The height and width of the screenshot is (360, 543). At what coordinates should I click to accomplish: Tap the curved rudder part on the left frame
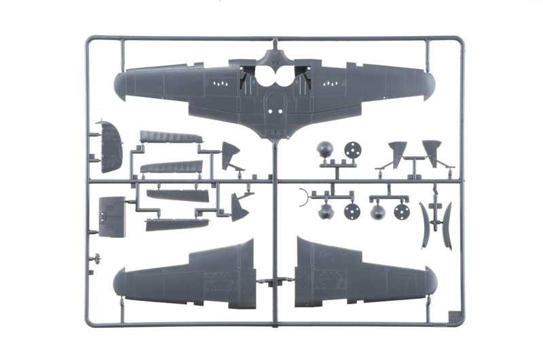[x=110, y=145]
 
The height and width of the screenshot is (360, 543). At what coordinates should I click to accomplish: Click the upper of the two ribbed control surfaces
[x=170, y=137]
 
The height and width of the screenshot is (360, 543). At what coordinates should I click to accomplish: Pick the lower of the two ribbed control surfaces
[x=171, y=166]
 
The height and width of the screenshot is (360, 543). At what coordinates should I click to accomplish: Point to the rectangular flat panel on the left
[x=111, y=216]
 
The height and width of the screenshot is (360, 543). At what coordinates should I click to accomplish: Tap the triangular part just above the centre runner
[x=231, y=156]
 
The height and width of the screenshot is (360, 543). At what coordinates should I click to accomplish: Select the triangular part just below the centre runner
[x=239, y=207]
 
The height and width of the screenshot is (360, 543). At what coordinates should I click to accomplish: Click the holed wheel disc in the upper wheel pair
[x=352, y=149]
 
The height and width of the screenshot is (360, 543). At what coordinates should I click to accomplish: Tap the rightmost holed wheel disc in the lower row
[x=402, y=211]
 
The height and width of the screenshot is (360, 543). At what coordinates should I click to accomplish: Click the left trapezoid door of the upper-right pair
[x=398, y=153]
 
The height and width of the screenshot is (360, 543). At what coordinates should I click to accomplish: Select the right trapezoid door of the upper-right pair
[x=432, y=151]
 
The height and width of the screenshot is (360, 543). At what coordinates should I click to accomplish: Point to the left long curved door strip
[x=425, y=225]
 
